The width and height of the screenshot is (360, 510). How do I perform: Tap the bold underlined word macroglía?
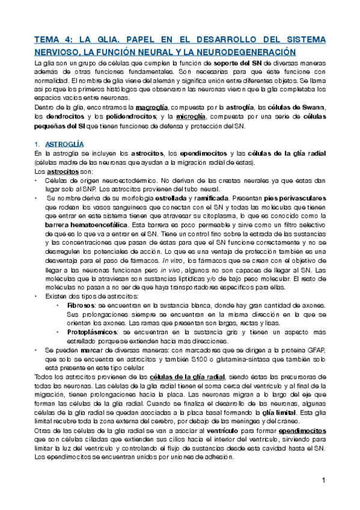(152, 107)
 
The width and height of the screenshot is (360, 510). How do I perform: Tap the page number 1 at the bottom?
(323, 481)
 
